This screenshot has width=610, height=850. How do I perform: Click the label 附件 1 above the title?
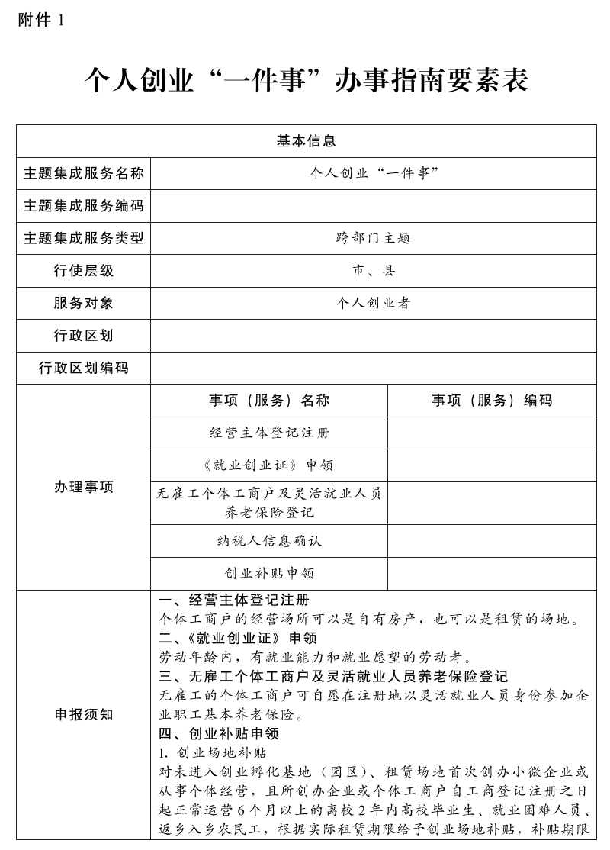pos(40,21)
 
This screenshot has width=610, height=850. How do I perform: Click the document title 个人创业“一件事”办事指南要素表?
pos(306,79)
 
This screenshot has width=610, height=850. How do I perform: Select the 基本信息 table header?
pos(306,141)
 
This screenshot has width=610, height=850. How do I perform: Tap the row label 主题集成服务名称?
pos(83,173)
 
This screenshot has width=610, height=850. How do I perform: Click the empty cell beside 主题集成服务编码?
pos(373,206)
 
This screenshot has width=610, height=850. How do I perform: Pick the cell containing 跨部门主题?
pos(373,238)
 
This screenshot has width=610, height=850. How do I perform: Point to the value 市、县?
pos(373,271)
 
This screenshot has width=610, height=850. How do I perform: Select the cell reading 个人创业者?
pos(373,303)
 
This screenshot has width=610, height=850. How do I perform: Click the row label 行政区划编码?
pos(83,368)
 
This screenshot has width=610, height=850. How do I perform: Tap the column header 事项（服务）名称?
pos(269,401)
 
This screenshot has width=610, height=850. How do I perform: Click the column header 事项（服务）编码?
pos(492,401)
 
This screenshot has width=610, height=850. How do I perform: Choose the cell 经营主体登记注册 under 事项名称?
pos(269,433)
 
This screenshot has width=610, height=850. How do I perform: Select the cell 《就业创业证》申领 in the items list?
pos(269,465)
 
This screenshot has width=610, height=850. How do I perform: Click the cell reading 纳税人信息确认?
pos(269,540)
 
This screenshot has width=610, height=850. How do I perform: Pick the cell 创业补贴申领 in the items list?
pos(269,573)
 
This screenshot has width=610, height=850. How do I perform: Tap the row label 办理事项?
pos(83,487)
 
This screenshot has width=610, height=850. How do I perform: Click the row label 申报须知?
pos(83,715)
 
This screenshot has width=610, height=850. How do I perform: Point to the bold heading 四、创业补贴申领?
pos(219,734)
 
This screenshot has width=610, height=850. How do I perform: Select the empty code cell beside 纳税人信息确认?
pos(492,540)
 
